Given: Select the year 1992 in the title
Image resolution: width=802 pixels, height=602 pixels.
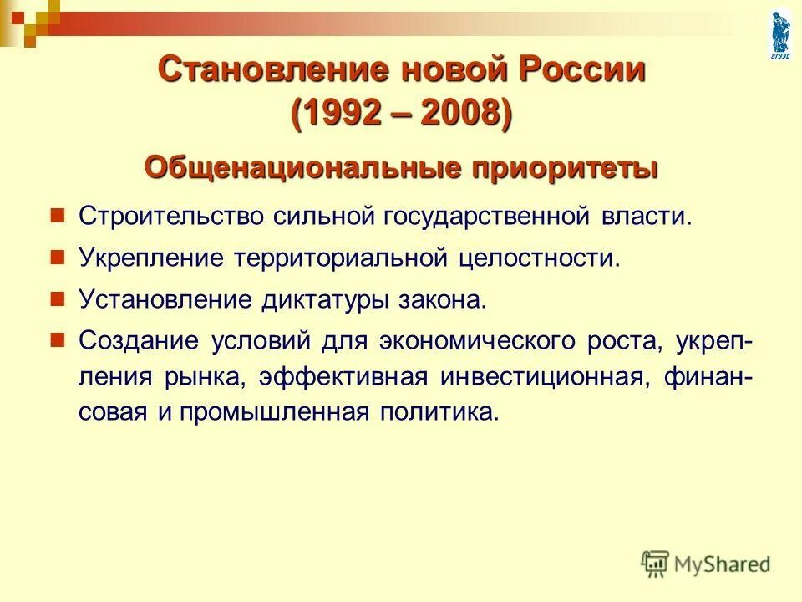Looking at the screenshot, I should coord(350,113).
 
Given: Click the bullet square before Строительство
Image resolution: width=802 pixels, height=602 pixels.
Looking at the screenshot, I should coord(58,216).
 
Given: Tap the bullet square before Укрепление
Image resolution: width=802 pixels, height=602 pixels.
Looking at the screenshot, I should coord(58,258).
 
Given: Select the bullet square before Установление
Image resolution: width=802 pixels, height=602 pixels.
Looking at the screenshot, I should coord(58,299).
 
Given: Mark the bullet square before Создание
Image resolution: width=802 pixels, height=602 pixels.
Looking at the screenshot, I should coord(58,340).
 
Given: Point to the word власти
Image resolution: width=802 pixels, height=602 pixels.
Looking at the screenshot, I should coord(645,217).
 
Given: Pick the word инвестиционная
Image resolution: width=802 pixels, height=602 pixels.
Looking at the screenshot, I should coord(542,377).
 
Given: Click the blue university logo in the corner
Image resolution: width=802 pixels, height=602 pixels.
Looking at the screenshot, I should coord(779,33).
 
